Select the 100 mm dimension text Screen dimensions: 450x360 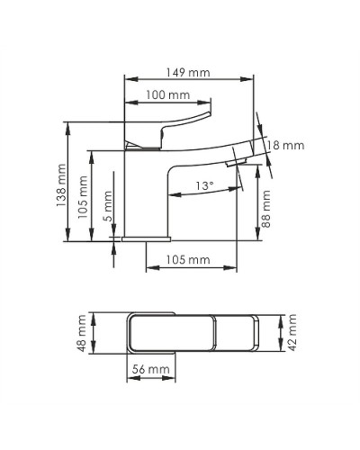coord(167,94)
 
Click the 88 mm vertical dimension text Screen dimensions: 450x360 coord(267,208)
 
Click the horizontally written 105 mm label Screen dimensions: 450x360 coord(189,260)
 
